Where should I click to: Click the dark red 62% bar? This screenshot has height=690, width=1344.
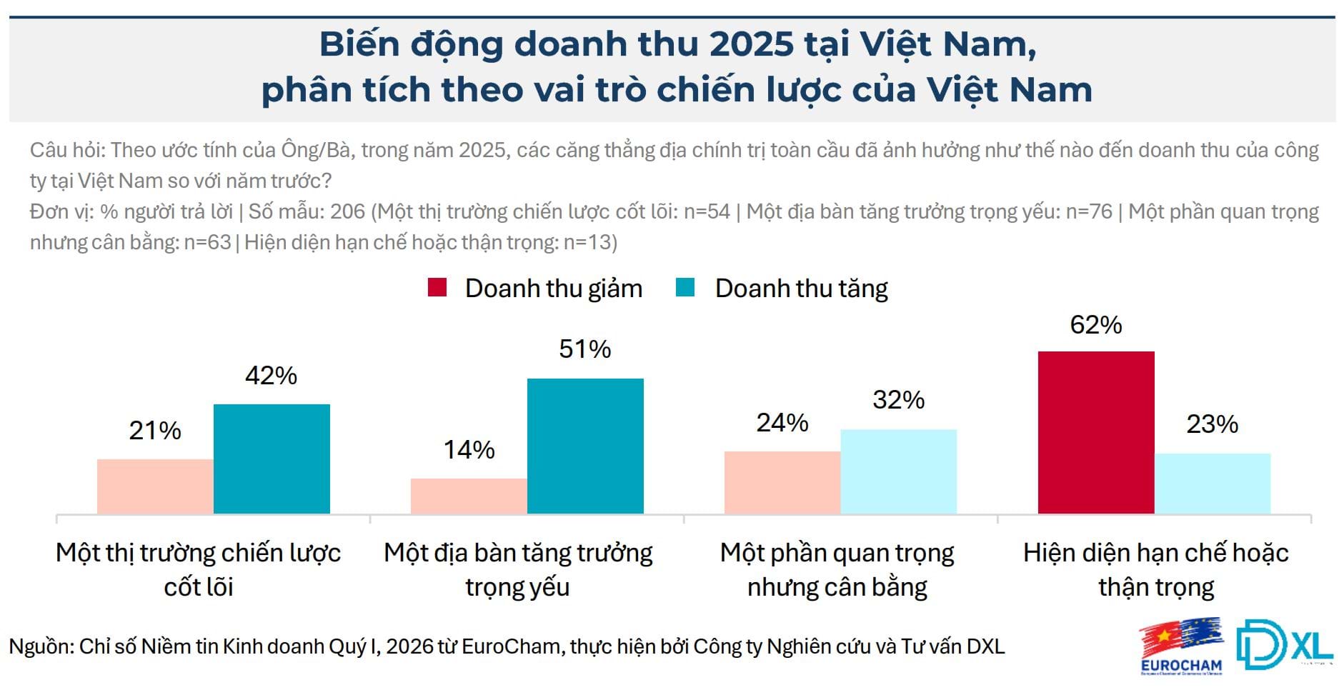(1095, 432)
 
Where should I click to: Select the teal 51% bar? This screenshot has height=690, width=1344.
(585, 446)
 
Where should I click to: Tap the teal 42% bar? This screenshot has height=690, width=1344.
(272, 459)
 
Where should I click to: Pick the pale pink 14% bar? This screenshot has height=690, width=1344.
(469, 496)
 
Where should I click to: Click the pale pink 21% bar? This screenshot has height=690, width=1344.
(155, 486)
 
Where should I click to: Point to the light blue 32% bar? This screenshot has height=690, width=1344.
(898, 471)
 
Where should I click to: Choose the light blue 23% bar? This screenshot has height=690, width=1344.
(1213, 483)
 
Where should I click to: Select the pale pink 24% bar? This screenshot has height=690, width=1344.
(782, 482)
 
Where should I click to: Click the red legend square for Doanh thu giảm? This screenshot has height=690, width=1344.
(437, 288)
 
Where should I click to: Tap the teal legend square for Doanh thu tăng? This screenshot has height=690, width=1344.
(685, 288)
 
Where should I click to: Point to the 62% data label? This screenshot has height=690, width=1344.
(1095, 325)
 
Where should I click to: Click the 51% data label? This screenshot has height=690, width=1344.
(584, 349)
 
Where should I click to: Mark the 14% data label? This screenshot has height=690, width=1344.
(469, 449)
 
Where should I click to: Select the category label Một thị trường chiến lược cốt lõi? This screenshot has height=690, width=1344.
(199, 569)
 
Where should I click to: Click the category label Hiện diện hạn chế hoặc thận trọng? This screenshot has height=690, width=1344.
(1155, 569)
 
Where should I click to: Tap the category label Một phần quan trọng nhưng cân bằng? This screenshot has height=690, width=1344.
(837, 569)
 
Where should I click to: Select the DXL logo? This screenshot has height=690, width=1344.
(1284, 644)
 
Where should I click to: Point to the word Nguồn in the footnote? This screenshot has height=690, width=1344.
(40, 646)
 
